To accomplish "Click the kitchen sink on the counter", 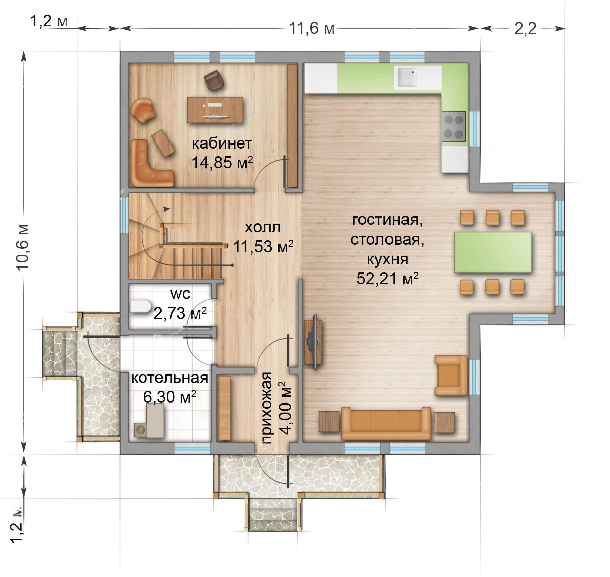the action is point(407,78).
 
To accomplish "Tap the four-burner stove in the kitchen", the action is point(454,126).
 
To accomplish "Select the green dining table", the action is point(493,252).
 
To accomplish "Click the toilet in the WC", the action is point(140,306).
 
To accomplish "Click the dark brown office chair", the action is point(214,80).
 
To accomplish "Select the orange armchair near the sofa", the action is point(451,375).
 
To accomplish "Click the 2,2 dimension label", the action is point(525,29).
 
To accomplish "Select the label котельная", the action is point(170,378).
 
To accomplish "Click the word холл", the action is point(263,227).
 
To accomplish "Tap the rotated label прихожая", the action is point(266,408).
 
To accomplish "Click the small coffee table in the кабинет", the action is point(163,143).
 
